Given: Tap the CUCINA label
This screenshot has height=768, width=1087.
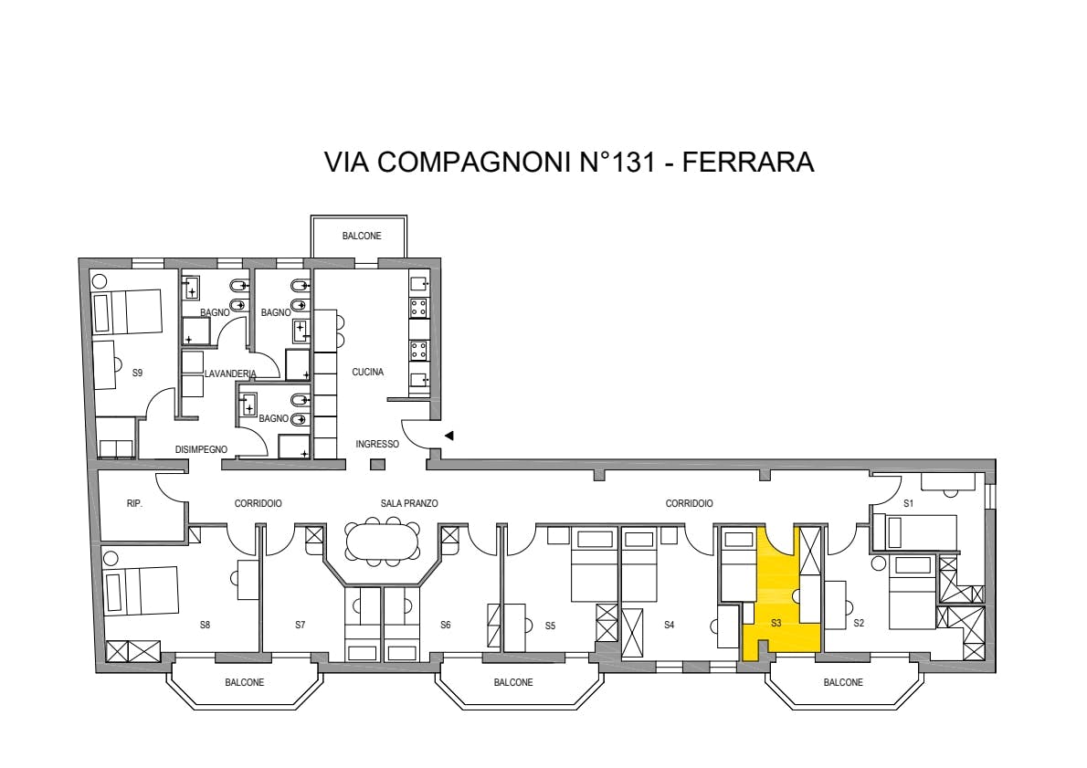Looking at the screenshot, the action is (x=367, y=373).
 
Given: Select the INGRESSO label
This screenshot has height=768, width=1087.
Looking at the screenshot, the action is (x=377, y=445).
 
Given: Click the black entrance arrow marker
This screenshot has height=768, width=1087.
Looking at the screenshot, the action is (x=449, y=436).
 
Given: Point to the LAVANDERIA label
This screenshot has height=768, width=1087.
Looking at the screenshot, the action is (x=230, y=373).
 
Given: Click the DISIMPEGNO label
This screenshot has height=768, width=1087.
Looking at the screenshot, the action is (x=201, y=450).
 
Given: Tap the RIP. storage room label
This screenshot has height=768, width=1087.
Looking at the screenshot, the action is (x=134, y=504).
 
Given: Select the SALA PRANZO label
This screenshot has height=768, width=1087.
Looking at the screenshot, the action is (x=409, y=504).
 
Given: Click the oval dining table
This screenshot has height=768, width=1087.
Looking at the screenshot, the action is (x=383, y=540).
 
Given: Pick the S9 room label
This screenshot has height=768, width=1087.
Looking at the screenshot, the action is (x=137, y=373).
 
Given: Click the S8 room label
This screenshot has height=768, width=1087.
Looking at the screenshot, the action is (x=205, y=626).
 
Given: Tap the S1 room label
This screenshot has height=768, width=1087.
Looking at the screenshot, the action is (x=908, y=504).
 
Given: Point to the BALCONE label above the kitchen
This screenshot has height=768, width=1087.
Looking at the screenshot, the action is (x=362, y=237).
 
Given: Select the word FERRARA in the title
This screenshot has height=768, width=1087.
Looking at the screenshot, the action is (x=748, y=162).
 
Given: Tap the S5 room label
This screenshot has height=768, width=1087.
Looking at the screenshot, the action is (x=550, y=626).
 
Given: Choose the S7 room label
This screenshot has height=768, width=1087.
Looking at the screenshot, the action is (x=301, y=626).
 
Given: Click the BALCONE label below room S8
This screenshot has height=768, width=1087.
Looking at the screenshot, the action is (x=245, y=683).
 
